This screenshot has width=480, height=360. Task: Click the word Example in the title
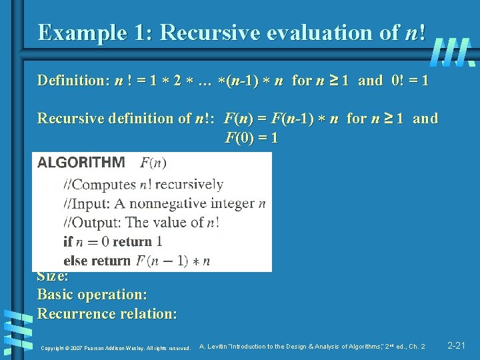click(x=76, y=32)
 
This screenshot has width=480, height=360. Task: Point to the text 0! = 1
click(x=411, y=81)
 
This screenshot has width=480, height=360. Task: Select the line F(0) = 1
click(x=251, y=139)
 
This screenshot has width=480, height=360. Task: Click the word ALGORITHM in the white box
click(x=81, y=163)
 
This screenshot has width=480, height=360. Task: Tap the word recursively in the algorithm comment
click(x=189, y=185)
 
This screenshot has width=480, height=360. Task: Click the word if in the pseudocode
click(x=67, y=241)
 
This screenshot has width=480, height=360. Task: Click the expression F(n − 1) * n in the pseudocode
click(x=173, y=261)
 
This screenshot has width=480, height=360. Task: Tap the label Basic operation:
click(x=92, y=294)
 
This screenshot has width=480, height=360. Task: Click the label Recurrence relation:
click(x=107, y=313)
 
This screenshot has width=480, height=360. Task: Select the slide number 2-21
click(x=456, y=345)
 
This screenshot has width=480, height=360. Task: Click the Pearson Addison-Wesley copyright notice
click(x=116, y=347)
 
